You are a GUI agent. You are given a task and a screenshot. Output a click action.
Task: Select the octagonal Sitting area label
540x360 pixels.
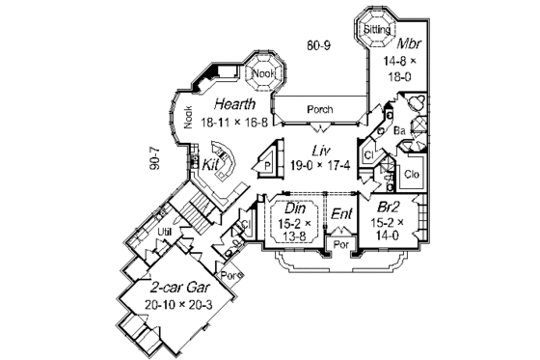(x=376, y=30)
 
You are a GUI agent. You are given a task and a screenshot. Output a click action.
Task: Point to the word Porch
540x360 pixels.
(x=319, y=109)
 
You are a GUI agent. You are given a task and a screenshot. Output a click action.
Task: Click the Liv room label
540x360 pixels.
(x=321, y=150)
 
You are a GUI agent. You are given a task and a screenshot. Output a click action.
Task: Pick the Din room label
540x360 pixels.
(x=292, y=207)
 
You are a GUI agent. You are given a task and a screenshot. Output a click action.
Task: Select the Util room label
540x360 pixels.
(x=164, y=233)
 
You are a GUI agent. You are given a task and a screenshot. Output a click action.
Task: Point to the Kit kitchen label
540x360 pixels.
(x=210, y=165)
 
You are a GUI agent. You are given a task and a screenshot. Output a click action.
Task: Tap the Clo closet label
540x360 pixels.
(x=410, y=174)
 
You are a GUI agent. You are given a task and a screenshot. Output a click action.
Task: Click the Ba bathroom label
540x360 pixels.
(x=398, y=129)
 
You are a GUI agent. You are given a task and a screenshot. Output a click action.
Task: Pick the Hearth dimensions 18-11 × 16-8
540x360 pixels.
(x=234, y=122)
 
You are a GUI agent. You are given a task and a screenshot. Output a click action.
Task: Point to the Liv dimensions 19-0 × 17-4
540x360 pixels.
(x=320, y=167)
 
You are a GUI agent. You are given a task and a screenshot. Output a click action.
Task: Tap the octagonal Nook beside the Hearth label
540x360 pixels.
(x=261, y=73)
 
